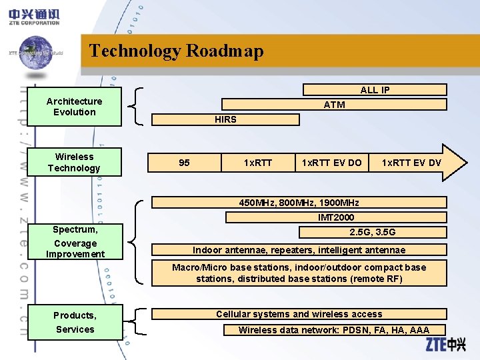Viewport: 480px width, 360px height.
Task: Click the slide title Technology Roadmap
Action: click(176, 51)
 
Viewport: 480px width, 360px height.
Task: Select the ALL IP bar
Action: click(375, 90)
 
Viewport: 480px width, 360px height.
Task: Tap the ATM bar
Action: click(334, 105)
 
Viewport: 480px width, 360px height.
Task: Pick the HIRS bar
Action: click(225, 119)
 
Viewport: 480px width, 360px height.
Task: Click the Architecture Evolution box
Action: click(75, 107)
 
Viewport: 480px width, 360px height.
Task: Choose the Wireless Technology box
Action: click(75, 162)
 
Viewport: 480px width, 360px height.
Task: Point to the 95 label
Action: click(185, 163)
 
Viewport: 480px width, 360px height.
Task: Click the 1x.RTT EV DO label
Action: click(331, 163)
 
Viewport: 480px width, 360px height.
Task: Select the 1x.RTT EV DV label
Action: click(411, 163)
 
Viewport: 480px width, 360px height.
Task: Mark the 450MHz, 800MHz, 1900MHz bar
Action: click(299, 203)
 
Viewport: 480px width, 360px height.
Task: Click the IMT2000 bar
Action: click(336, 217)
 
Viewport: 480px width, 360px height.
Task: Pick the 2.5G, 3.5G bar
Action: click(373, 232)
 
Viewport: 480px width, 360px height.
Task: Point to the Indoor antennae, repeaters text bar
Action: click(299, 250)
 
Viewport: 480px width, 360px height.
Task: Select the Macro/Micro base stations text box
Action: click(299, 273)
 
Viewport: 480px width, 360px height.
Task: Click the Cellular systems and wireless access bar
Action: click(299, 314)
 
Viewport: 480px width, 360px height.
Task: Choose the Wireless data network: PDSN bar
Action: click(333, 329)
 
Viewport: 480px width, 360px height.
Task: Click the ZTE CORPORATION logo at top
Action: click(35, 17)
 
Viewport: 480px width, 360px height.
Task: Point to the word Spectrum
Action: click(75, 229)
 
